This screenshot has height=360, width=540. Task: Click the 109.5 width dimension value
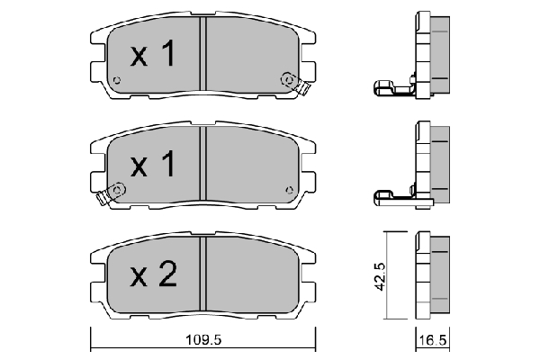pyautogui.click(x=203, y=340)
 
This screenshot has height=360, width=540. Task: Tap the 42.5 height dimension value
pyautogui.click(x=380, y=276)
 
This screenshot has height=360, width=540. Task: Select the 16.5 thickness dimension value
pyautogui.click(x=433, y=340)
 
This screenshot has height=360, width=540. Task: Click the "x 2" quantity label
pyautogui.click(x=154, y=274)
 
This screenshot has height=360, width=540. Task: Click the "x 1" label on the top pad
pyautogui.click(x=153, y=53)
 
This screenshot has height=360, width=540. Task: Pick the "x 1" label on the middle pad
pyautogui.click(x=153, y=163)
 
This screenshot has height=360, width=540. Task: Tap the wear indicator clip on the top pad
pyautogui.click(x=294, y=84)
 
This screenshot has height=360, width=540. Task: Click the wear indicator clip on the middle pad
pyautogui.click(x=112, y=193)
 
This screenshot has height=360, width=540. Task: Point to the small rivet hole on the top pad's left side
pyautogui.click(x=117, y=80)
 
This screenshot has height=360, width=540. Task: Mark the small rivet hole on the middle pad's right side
pyautogui.click(x=289, y=190)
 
